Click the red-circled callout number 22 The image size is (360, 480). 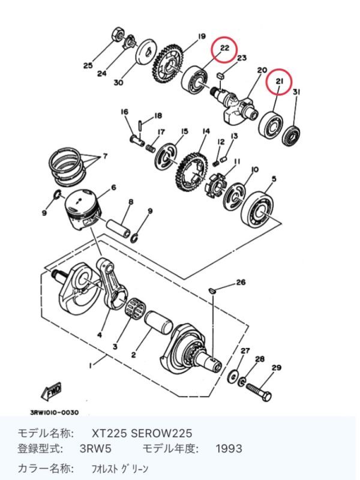(x=224, y=48)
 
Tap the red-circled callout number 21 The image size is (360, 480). (x=278, y=82)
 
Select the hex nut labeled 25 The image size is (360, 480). (x=116, y=33)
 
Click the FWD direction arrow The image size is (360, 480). (x=52, y=392)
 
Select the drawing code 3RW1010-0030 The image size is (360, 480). (x=54, y=413)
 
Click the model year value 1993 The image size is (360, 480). (x=229, y=449)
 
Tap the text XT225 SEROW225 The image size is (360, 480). (x=142, y=433)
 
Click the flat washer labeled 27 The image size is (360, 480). (x=233, y=376)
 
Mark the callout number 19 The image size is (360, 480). (x=202, y=37)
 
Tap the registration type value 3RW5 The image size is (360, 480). (x=95, y=449)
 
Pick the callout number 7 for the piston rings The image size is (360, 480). (x=106, y=157)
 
